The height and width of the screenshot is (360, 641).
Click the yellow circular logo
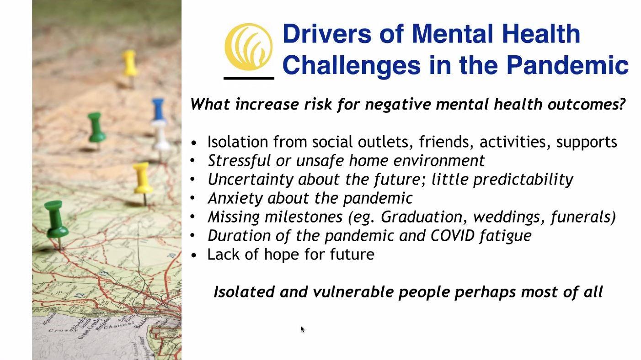click(248, 47)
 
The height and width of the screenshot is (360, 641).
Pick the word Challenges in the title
click(352, 65)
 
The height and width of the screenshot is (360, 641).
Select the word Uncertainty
click(251, 180)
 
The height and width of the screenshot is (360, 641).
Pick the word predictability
click(523, 180)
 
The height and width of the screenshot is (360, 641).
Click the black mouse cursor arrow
click(303, 329)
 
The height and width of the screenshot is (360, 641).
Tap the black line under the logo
click(249, 78)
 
